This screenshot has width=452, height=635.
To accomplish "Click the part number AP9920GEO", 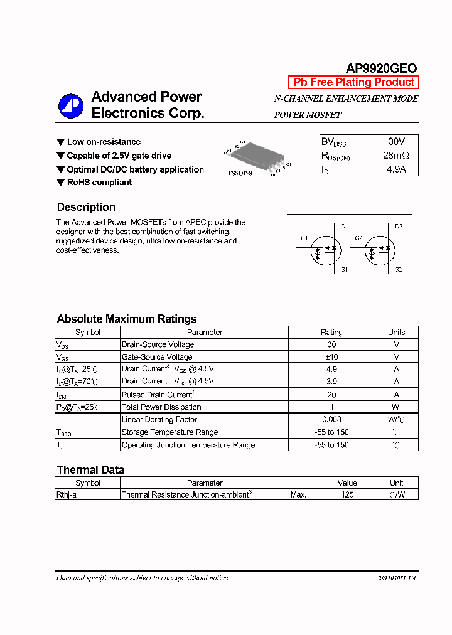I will coord(381,68).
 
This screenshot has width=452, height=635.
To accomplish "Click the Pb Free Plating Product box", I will coord(353,82).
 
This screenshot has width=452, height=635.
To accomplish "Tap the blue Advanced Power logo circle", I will coord(71,105).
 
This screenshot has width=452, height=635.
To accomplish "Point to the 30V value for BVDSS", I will coord(396,142).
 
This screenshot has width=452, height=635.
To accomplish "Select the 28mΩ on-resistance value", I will coord(395,156).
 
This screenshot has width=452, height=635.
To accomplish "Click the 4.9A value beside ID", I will coord(395,169).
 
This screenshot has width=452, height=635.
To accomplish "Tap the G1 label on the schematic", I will coord(304,238).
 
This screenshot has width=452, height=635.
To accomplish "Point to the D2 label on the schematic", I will coord(399,226).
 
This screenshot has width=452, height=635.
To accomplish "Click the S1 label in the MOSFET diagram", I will coord(344,269).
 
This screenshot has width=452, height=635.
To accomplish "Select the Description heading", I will coord(86,207).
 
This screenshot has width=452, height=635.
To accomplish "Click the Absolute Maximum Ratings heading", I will coord(126,319).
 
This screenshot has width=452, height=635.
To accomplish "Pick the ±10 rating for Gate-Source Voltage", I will coord(331,356).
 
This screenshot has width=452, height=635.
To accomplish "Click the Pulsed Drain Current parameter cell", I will coord(158,395).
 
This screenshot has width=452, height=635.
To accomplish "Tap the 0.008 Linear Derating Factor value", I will coord(331,419).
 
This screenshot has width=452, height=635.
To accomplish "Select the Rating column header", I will coord(331,333).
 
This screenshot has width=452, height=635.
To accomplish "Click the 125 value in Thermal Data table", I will coord(347,494).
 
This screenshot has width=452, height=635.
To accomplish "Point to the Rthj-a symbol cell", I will coord(67,494).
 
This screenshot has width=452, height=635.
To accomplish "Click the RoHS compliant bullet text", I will coord(99,183).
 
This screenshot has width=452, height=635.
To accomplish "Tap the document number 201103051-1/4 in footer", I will coord(397,578).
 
